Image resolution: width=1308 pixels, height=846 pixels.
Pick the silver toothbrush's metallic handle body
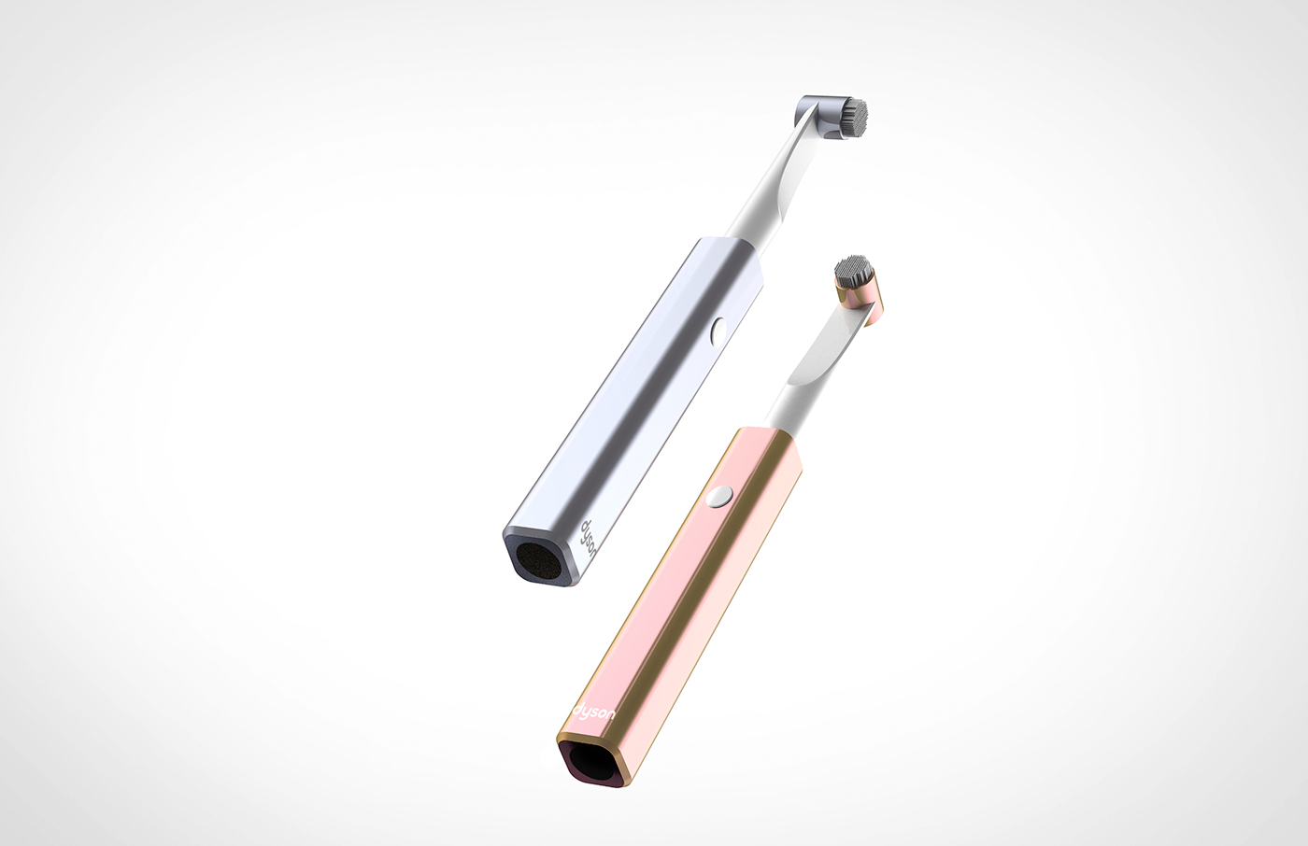click(645, 411)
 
